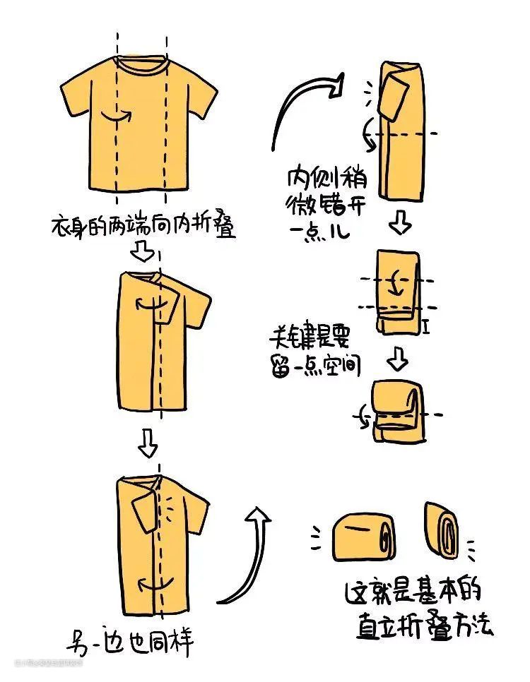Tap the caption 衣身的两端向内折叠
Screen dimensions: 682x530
(143, 227)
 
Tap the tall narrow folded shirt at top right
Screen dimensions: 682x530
(403, 131)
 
